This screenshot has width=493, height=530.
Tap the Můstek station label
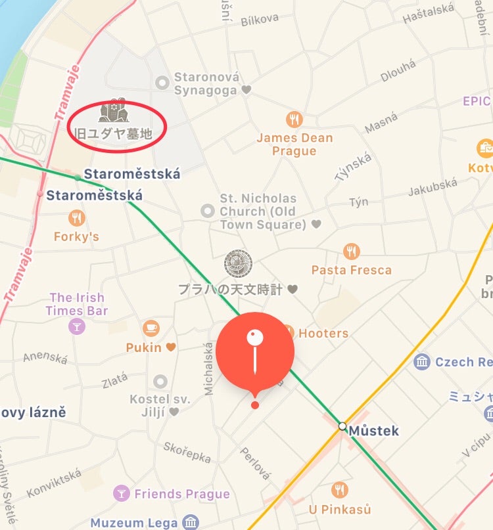pos(374,431)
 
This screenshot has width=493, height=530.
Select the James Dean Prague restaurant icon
pos(294,120)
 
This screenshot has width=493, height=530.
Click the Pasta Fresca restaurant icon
pos(352,252)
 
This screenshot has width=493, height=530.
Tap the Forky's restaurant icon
pos(76,218)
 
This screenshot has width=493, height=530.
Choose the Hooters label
pos(323,333)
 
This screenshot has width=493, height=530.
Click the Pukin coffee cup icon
pos(151,328)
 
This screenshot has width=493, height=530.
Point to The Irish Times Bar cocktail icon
pos(77,326)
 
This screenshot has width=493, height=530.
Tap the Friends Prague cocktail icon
pos(121,493)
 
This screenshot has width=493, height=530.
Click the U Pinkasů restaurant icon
pos(340,490)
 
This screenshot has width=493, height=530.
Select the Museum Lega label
pos(134,523)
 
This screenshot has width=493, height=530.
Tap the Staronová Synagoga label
pos(206,84)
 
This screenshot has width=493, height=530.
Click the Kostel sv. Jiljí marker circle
pos(160,382)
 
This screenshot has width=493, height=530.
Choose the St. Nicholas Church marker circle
pos(208,211)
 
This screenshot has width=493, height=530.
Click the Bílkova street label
pos(260,20)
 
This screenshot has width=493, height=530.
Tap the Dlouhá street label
pos(398,71)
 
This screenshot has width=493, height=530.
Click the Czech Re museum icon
pos(423,361)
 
